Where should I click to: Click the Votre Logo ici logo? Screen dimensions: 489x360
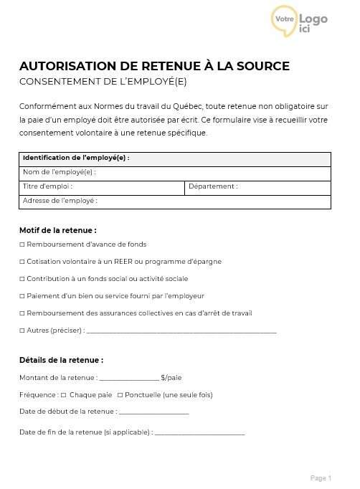click(x=299, y=21)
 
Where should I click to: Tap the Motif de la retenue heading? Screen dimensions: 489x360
click(x=57, y=230)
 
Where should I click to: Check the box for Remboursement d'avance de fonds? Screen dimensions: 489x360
click(x=22, y=244)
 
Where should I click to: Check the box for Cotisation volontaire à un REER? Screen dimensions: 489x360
click(x=22, y=262)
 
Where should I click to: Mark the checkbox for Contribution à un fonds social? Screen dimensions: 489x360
click(x=22, y=279)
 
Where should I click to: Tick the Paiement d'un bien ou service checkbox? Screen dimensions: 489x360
click(x=22, y=296)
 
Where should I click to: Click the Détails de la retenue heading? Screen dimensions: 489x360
click(x=61, y=360)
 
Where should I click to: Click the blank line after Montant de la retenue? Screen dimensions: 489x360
click(x=129, y=378)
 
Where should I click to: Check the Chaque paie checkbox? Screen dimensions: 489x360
click(x=64, y=395)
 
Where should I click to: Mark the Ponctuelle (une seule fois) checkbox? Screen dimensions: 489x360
click(x=120, y=395)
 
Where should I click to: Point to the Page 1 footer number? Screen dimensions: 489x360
click(x=321, y=478)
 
